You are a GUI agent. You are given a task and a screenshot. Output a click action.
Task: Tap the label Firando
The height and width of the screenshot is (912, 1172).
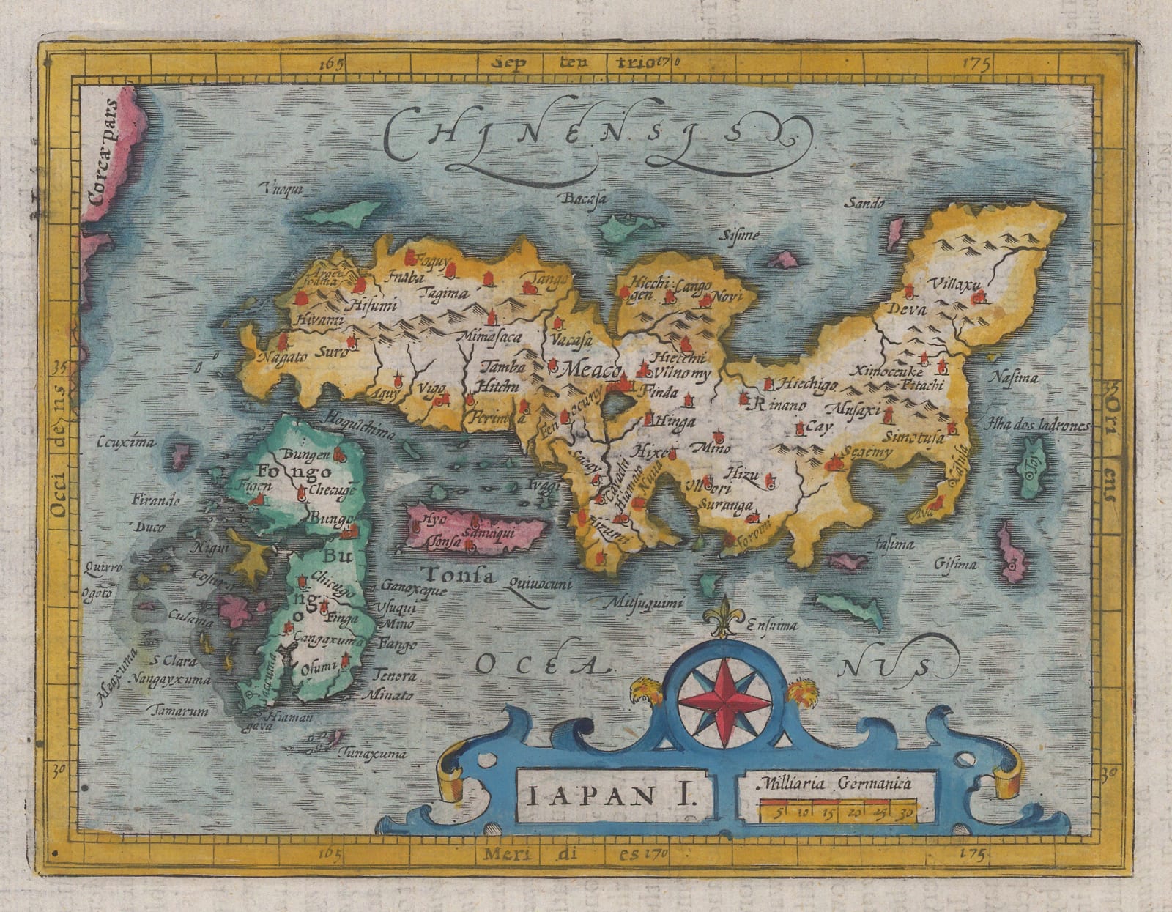pos(155,501)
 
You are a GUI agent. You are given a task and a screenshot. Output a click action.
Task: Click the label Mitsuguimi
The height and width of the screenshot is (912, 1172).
pos(642,603)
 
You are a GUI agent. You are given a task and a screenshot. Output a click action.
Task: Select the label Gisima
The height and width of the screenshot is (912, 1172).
pos(956,564)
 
